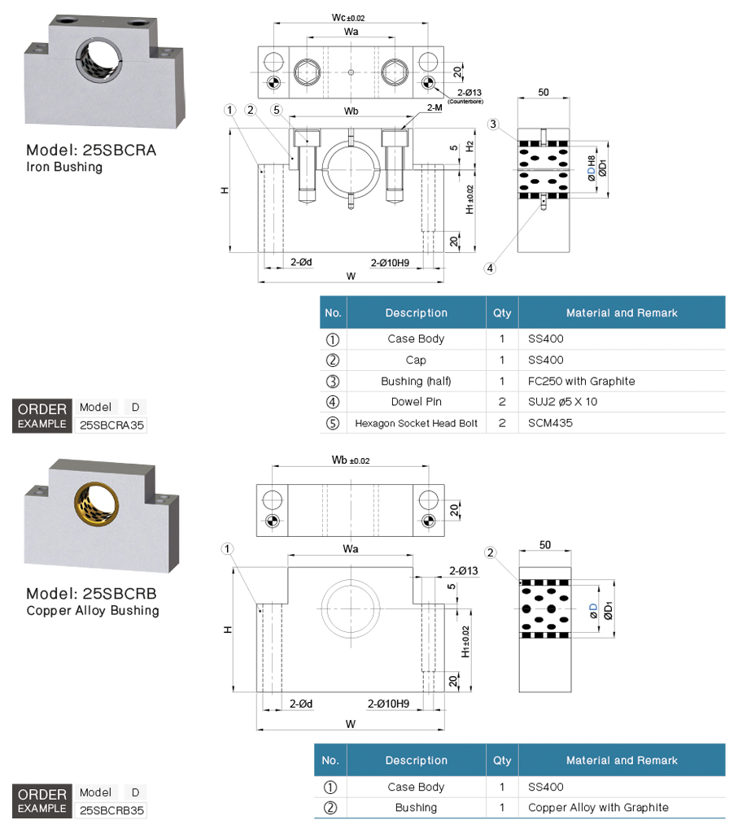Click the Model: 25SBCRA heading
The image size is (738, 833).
[91, 150]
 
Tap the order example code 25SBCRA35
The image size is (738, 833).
[111, 424]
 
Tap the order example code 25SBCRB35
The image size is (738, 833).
[111, 810]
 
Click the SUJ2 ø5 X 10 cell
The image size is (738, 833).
[562, 402]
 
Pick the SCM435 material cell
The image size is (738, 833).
[551, 423]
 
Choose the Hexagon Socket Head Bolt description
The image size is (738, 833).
[416, 423]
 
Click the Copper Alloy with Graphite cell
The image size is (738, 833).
[598, 808]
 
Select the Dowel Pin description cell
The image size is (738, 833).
[416, 402]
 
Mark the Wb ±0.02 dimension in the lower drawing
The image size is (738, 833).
[351, 460]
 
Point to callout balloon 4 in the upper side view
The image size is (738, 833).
[491, 268]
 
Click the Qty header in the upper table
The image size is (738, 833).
[502, 312]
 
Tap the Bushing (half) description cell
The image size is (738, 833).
[416, 381]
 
